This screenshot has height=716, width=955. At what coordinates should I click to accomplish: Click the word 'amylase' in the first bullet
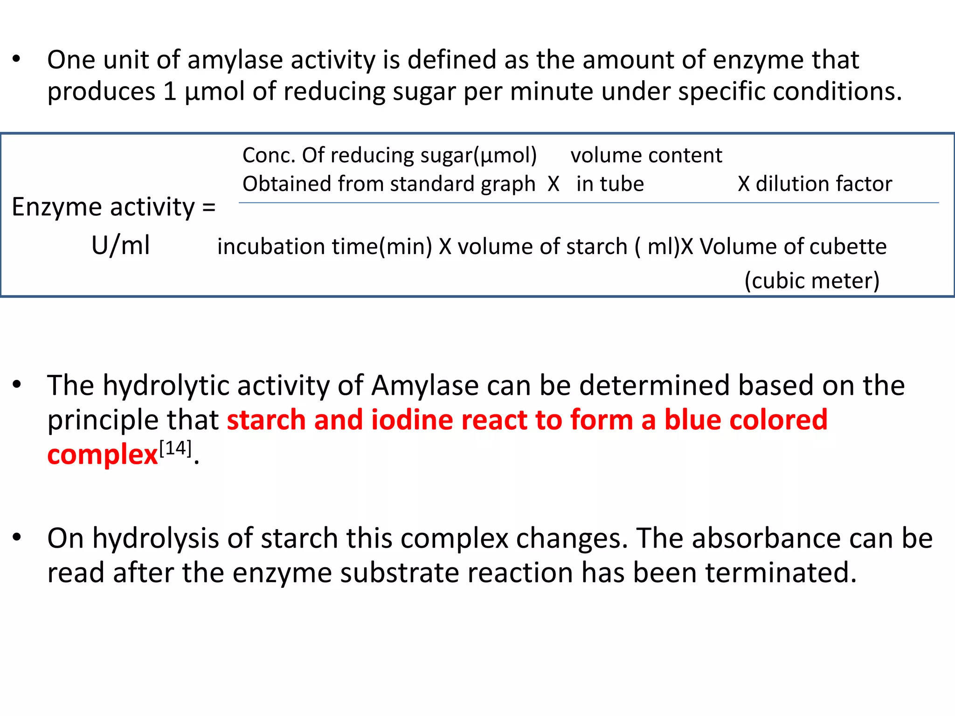(235, 61)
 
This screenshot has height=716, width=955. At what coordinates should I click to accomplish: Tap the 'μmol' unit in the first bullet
(215, 92)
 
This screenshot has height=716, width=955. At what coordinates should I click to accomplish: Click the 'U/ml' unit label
(121, 246)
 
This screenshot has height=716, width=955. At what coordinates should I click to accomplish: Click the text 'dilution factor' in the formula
(824, 184)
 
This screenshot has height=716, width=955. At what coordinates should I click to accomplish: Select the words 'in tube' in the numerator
(610, 184)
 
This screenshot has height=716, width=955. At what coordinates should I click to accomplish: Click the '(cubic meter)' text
(812, 281)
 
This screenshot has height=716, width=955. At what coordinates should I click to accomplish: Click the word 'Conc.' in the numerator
(269, 155)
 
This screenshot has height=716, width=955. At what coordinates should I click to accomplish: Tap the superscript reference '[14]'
(175, 448)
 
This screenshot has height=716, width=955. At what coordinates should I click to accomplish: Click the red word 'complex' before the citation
(103, 455)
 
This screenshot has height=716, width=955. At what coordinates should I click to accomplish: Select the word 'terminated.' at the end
(781, 573)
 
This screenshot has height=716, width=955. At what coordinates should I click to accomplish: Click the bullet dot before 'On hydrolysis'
(17, 537)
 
